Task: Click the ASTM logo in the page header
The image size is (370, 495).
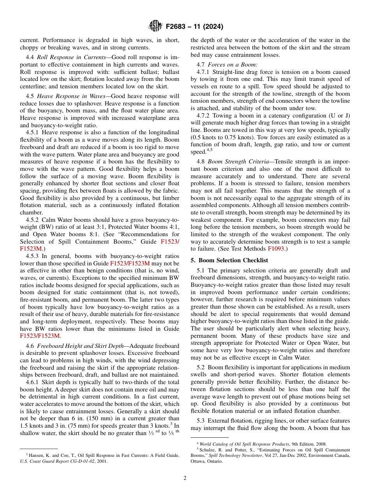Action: pos(155,26)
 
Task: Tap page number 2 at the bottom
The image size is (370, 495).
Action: pos(185,478)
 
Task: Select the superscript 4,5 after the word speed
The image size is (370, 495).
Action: pos(209,149)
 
